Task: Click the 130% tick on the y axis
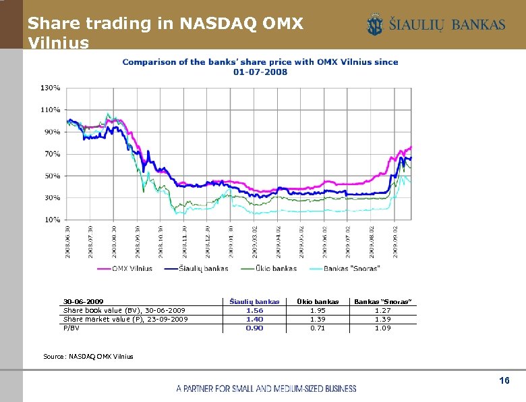coord(51,88)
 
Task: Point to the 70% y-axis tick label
coord(53,154)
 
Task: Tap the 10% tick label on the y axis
coord(53,220)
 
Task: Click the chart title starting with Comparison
coord(260,66)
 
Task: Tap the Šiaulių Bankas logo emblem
coord(374,26)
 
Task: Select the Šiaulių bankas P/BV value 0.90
coord(254,328)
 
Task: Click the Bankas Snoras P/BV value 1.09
coord(382,328)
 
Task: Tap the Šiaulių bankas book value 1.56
coord(254,310)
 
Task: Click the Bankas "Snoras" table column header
coord(382,301)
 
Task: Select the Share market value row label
coord(125,319)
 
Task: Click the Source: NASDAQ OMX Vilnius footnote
coord(98,356)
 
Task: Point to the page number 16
coord(504,382)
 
